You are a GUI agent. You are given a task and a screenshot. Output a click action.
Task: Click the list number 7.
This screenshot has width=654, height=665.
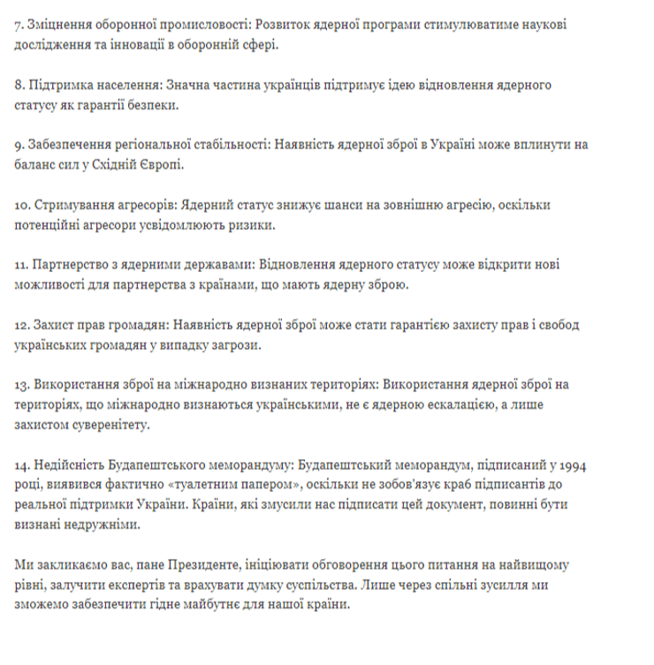click(x=19, y=24)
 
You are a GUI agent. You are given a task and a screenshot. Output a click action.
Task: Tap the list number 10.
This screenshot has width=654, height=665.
click(x=23, y=205)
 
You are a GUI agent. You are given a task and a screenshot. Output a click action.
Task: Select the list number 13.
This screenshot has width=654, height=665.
click(x=23, y=386)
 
